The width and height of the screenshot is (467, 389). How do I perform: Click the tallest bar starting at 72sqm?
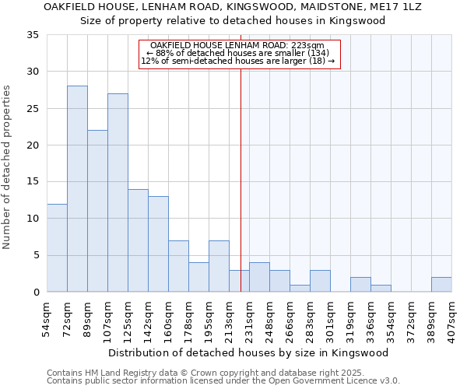click(77, 189)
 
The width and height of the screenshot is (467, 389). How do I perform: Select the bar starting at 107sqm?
click(118, 193)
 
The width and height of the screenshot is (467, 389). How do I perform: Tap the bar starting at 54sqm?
click(57, 247)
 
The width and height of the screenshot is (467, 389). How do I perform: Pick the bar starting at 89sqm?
click(97, 211)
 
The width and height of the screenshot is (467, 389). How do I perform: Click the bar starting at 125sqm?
click(138, 240)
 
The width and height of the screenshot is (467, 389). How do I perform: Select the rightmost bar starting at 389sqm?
click(441, 285)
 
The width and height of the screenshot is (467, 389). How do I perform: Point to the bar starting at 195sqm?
click(219, 266)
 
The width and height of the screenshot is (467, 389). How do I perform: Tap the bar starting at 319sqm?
click(360, 285)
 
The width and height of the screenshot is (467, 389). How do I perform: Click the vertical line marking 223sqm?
click(241, 179)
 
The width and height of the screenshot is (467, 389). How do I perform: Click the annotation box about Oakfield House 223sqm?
click(240, 54)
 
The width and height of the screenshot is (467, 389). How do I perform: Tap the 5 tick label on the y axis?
click(36, 256)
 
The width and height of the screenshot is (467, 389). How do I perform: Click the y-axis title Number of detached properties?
click(8, 167)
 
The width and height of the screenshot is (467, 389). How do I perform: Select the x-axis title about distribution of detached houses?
click(248, 352)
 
